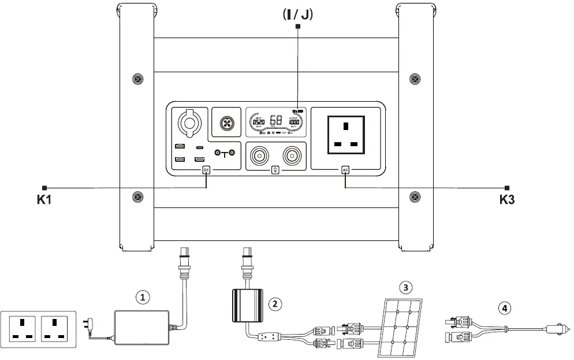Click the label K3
[507, 201]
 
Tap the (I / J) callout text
[297, 14]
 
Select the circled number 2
[276, 302]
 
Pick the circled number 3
[407, 287]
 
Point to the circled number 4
[506, 308]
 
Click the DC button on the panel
[206, 170]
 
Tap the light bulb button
[275, 170]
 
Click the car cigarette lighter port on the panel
[188, 122]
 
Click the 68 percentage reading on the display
[276, 121]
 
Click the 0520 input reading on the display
[258, 122]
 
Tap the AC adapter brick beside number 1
[142, 327]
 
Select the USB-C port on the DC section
[200, 148]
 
